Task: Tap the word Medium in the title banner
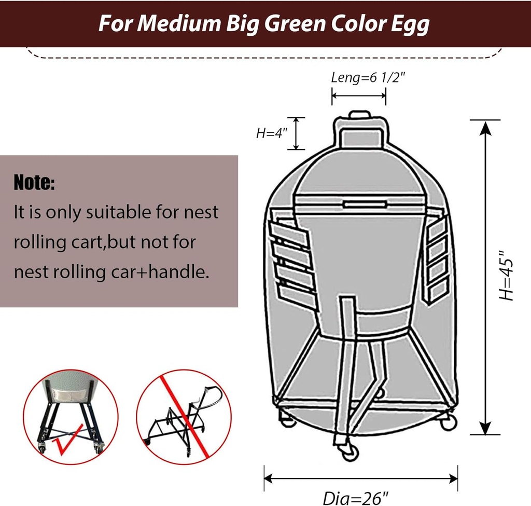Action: [174, 24]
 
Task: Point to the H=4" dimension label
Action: [271, 133]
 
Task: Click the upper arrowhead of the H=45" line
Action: [485, 128]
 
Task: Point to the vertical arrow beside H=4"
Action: [296, 133]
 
